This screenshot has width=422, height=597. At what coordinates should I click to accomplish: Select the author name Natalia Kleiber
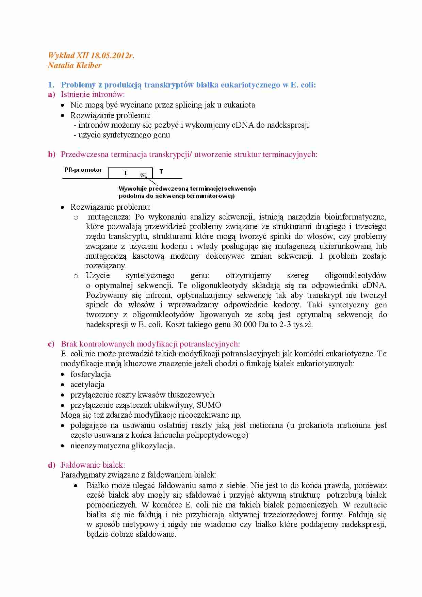tap(75, 65)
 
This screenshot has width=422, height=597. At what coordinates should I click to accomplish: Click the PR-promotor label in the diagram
tap(83, 170)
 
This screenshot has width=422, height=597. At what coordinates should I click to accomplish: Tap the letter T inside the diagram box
tap(126, 173)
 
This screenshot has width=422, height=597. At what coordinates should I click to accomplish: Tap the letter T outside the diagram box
tap(161, 172)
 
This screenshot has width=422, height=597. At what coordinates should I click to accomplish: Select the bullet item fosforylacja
tap(91, 374)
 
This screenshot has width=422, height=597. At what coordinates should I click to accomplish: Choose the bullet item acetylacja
tap(87, 385)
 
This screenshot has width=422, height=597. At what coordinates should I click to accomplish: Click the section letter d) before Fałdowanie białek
tap(51, 465)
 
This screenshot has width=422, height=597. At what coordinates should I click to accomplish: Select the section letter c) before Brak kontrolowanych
tap(51, 344)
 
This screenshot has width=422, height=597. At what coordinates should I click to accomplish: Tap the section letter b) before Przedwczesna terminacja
tap(51, 154)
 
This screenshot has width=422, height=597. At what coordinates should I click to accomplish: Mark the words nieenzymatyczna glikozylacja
tap(123, 446)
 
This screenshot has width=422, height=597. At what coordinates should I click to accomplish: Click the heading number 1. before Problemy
tap(51, 85)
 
